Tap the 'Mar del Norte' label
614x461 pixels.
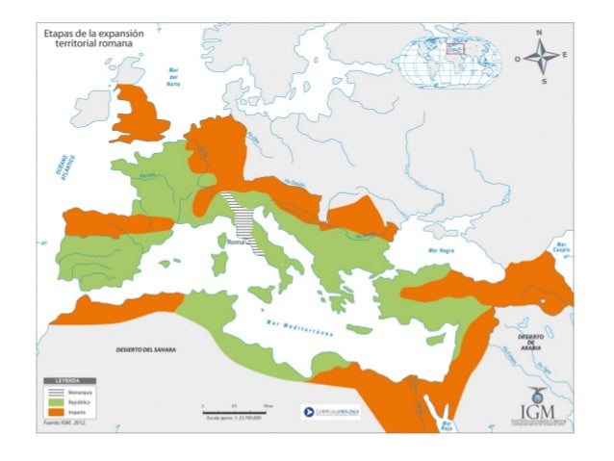coord(173,77)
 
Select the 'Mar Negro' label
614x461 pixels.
coord(441,250)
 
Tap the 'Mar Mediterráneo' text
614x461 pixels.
coord(299,327)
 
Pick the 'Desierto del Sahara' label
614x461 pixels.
coord(142,347)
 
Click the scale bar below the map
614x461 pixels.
coord(236,409)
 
